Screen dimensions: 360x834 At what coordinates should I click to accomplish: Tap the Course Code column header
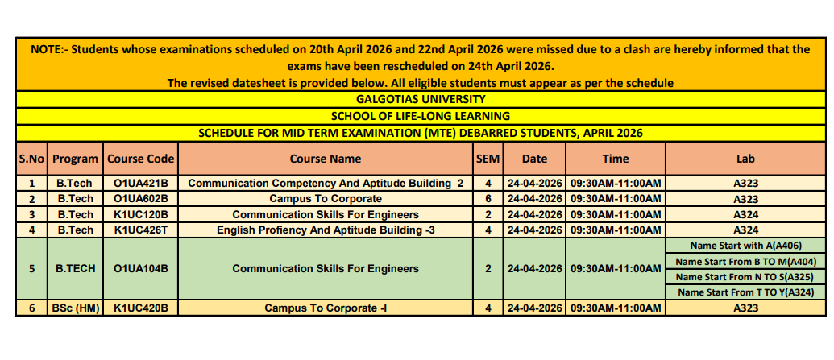(141, 159)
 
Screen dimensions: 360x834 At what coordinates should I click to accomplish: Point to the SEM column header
(488, 159)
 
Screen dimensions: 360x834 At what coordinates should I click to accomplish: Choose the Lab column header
(745, 159)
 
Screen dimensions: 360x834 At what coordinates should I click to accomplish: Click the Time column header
(616, 159)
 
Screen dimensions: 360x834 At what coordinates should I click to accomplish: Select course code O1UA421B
(141, 183)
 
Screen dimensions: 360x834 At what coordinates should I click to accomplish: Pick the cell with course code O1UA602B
(141, 198)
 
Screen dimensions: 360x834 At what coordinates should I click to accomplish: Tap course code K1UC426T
(141, 230)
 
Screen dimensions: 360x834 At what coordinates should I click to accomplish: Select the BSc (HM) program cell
(75, 308)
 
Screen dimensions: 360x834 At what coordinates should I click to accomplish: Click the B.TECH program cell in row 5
(75, 268)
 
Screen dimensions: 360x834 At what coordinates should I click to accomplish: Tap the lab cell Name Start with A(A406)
(745, 245)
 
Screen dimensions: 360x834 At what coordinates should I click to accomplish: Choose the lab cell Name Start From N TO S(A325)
(745, 276)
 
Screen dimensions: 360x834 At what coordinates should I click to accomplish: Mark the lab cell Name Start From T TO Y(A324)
(745, 292)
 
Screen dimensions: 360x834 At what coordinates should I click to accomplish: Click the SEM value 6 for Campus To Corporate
(488, 198)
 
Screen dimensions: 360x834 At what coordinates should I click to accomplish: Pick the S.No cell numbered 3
(31, 214)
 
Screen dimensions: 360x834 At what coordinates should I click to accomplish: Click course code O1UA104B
(141, 268)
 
